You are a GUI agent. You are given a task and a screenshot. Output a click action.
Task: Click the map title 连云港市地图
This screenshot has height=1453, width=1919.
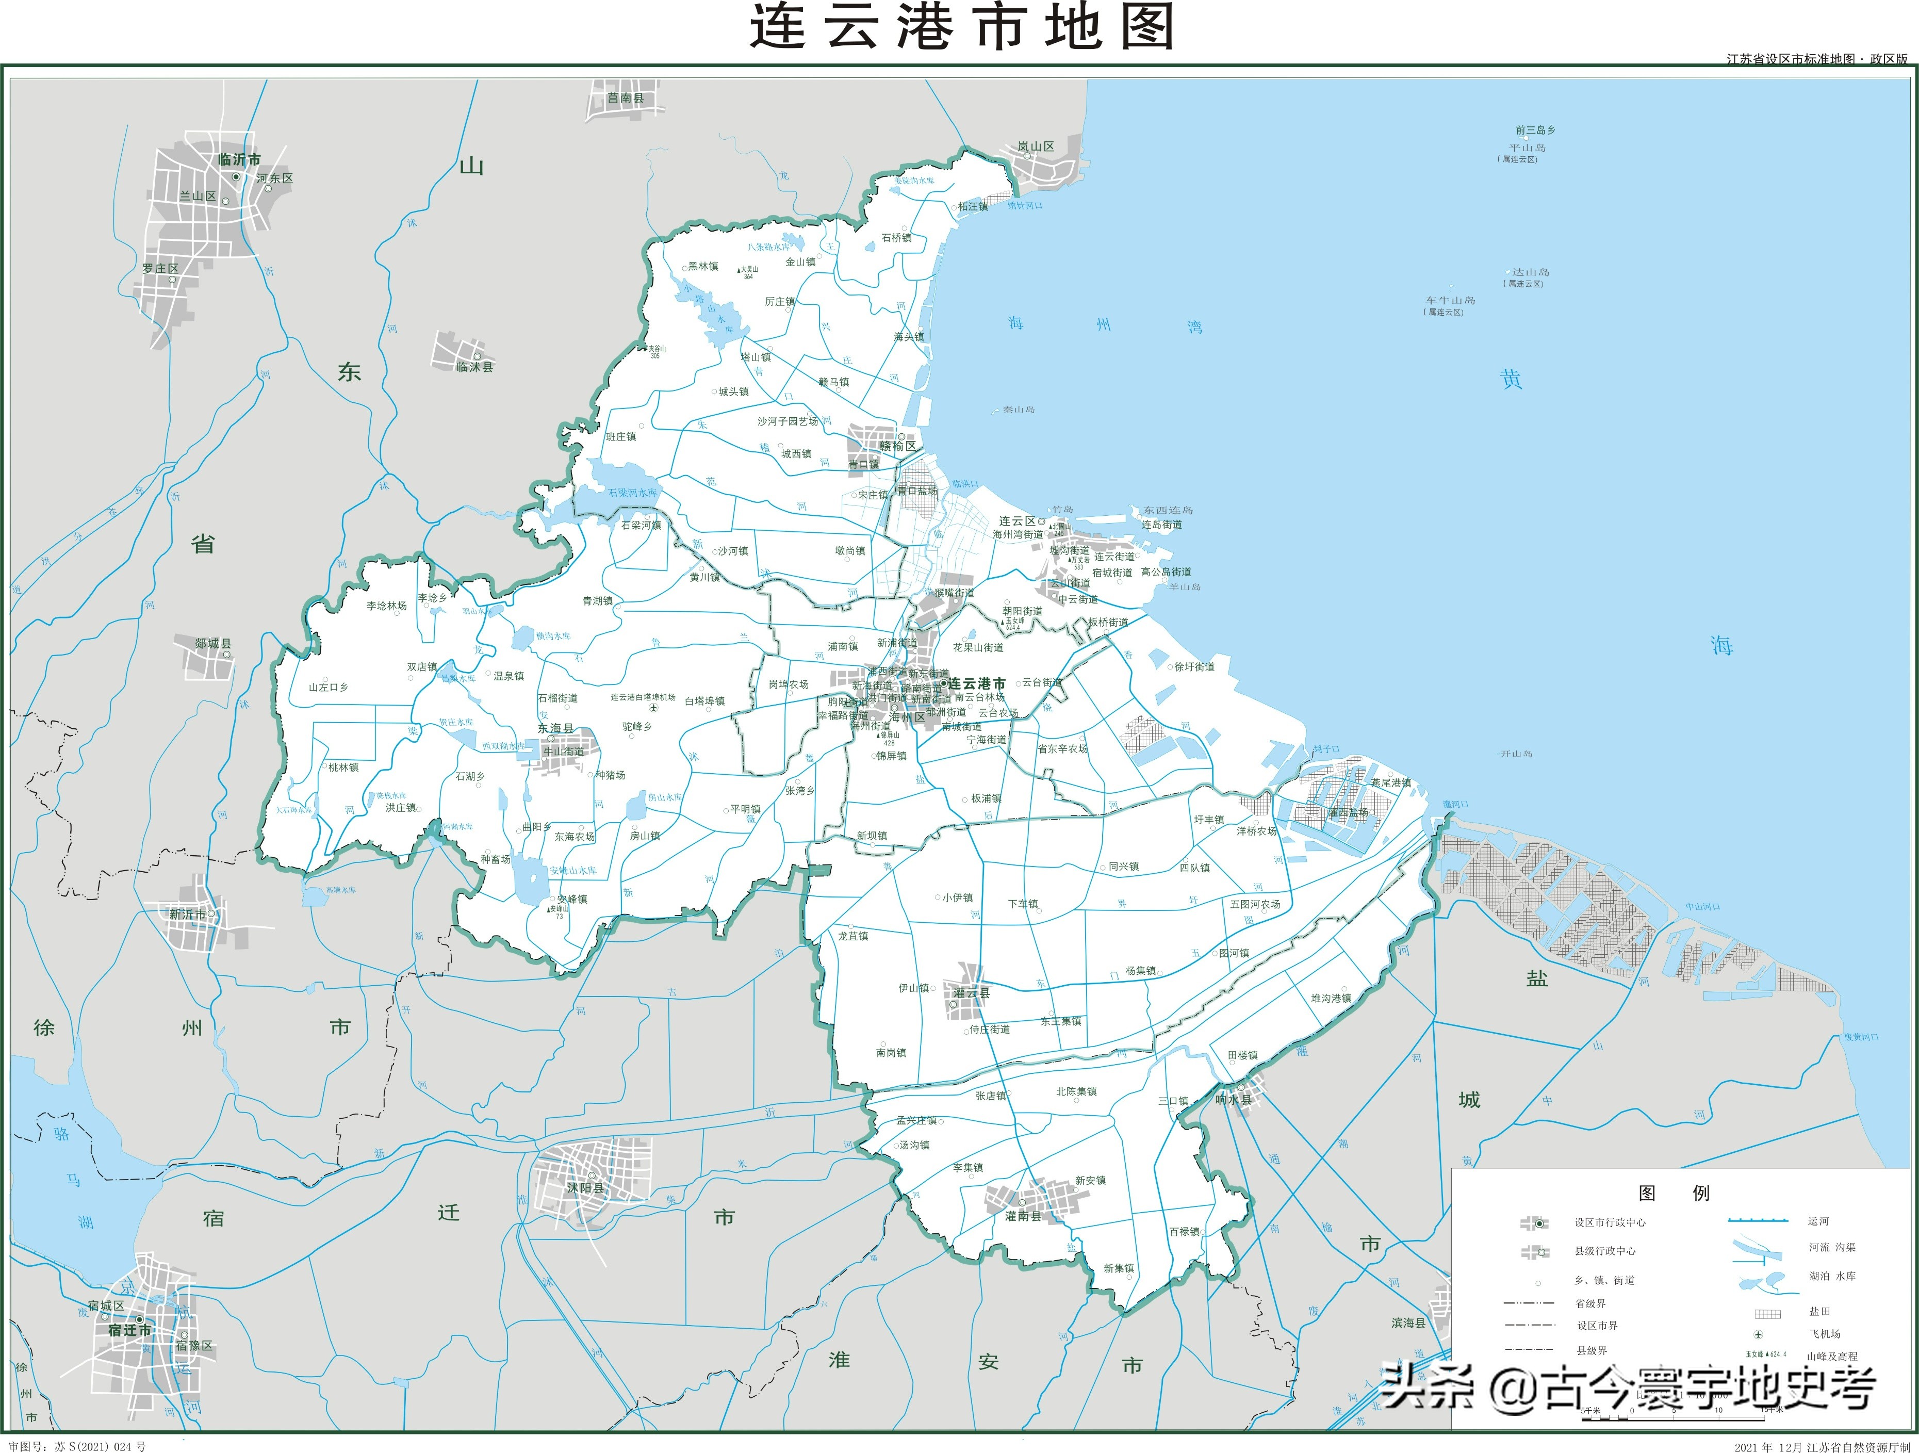pos(961,28)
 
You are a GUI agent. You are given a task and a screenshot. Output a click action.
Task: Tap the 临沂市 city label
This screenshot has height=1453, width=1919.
pos(239,159)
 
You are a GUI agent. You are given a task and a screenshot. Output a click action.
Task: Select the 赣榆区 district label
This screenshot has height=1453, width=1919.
pos(897,446)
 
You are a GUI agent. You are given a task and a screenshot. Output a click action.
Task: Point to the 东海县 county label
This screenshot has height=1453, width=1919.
pos(555,729)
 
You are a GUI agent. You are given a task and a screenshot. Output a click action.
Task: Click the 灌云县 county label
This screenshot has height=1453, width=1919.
pos(972,993)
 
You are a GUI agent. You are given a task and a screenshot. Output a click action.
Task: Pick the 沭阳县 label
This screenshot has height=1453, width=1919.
pos(585,1187)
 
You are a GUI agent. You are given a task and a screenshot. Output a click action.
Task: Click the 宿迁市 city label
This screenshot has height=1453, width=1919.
pos(129,1330)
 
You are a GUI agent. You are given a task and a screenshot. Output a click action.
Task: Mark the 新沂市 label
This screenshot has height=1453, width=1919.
pos(187,915)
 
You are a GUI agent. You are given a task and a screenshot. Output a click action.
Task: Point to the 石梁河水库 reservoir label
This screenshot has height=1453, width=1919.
pos(632,493)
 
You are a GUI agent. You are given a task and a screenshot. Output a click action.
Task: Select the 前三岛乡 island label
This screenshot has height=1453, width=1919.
pos(1535,130)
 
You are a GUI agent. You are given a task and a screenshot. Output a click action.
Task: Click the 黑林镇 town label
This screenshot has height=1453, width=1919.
pos(703,266)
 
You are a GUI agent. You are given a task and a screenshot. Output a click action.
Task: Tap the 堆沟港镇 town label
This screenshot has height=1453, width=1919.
pos(1331,999)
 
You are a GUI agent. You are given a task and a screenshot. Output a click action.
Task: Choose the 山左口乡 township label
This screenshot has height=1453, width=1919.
pos(328,687)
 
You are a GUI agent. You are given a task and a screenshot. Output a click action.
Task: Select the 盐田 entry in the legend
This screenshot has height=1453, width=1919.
pos(1819,1312)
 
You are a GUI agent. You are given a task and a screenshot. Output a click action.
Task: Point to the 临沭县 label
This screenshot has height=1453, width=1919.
pos(474,367)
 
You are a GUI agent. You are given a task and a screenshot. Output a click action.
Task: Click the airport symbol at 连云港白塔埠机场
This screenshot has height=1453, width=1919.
pos(653,708)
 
